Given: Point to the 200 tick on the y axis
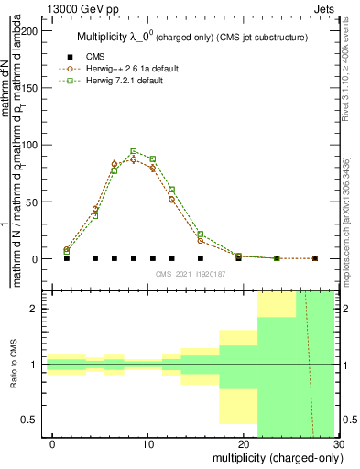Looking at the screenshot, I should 31,30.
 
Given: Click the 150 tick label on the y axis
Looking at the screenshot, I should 31,87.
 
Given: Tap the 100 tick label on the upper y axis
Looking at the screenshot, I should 31,145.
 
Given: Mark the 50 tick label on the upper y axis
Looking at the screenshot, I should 34,202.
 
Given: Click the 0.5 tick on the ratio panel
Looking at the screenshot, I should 34,420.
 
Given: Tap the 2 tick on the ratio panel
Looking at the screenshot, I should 38,309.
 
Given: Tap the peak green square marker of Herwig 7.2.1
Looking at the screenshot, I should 134,151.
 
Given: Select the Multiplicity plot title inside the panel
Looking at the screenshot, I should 191,37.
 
